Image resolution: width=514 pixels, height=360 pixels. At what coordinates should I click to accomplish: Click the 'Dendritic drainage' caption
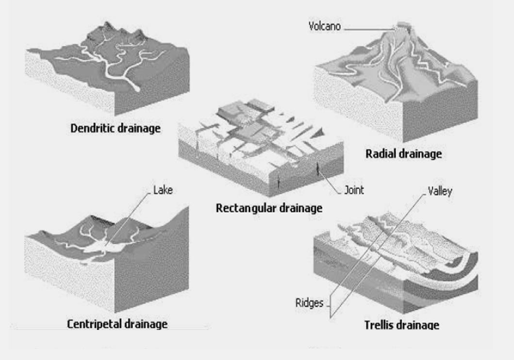point(116,129)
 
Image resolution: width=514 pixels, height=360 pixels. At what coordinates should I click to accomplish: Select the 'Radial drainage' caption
point(403,154)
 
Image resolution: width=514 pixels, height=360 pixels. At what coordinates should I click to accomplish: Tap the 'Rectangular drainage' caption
point(269,209)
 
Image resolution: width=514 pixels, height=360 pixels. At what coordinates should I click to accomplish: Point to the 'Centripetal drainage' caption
point(117,324)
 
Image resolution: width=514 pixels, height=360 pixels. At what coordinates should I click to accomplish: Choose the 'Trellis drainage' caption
point(401,325)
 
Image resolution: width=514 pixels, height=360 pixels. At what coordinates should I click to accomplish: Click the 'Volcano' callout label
point(325,26)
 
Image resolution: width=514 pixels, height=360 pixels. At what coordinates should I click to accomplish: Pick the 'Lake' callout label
point(163,190)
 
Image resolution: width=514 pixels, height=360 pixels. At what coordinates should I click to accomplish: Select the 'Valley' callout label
point(440,191)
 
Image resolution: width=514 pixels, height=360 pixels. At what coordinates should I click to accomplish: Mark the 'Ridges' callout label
point(309,303)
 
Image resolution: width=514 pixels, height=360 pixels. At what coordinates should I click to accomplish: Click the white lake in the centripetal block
point(109,248)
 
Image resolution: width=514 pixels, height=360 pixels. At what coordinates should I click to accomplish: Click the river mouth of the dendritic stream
point(137,89)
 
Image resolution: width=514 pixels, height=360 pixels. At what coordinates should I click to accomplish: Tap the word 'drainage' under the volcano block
point(420,154)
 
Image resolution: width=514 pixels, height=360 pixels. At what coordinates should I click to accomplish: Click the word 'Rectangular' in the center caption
point(246,209)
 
